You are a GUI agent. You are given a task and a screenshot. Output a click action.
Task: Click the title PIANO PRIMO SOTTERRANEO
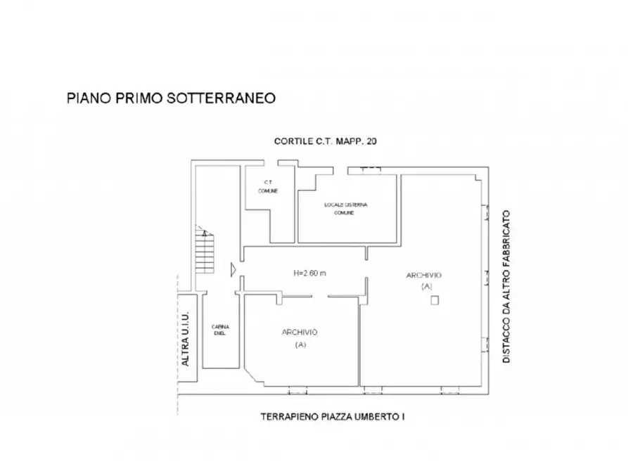171,98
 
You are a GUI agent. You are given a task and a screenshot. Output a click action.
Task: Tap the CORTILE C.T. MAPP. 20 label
326,141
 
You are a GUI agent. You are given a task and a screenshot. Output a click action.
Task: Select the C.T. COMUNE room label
267,186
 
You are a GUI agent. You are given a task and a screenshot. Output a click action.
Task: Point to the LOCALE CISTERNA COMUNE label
346,208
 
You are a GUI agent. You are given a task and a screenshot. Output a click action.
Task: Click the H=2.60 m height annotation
309,273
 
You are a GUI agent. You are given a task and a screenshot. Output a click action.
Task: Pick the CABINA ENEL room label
220,330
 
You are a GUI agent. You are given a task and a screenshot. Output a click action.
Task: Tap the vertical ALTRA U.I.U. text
186,339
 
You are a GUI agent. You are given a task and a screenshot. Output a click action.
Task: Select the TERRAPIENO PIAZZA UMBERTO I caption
333,417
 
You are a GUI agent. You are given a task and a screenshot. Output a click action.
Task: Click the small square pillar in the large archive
435,301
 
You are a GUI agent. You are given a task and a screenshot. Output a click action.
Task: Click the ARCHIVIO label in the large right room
423,275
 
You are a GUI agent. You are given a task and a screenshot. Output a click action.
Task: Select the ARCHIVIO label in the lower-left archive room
300,332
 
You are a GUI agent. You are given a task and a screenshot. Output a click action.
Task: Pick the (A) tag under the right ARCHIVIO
425,287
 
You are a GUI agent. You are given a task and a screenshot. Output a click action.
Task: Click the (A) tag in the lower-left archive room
300,344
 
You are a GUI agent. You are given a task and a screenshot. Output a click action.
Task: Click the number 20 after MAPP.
373,141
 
